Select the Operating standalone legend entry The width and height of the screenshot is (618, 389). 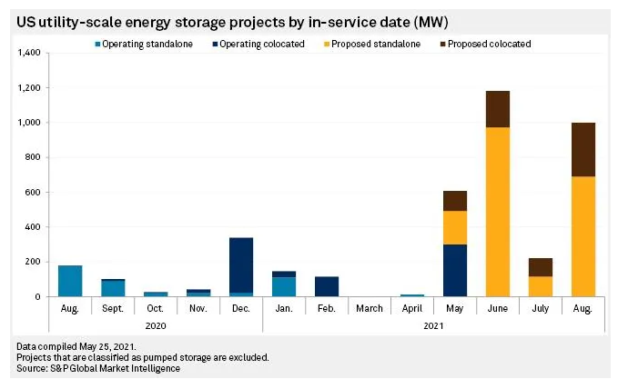pyautogui.click(x=137, y=44)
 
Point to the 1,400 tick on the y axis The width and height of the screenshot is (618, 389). pyautogui.click(x=30, y=54)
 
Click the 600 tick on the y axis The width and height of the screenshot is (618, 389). pyautogui.click(x=35, y=193)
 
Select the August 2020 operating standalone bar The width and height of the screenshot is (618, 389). pyautogui.click(x=70, y=281)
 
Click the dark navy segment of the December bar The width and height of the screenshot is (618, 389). pyautogui.click(x=241, y=264)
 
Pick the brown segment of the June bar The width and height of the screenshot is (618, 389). pyautogui.click(x=498, y=109)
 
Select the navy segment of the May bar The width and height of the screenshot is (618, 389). pyautogui.click(x=455, y=270)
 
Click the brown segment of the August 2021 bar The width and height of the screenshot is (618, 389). pyautogui.click(x=583, y=150)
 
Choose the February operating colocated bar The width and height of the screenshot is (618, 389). pyautogui.click(x=327, y=286)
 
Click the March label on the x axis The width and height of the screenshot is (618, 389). pyautogui.click(x=370, y=309)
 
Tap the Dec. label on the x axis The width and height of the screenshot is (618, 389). pyautogui.click(x=241, y=309)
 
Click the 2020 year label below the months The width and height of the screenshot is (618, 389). pyautogui.click(x=156, y=326)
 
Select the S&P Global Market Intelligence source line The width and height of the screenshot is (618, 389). pyautogui.click(x=98, y=368)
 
